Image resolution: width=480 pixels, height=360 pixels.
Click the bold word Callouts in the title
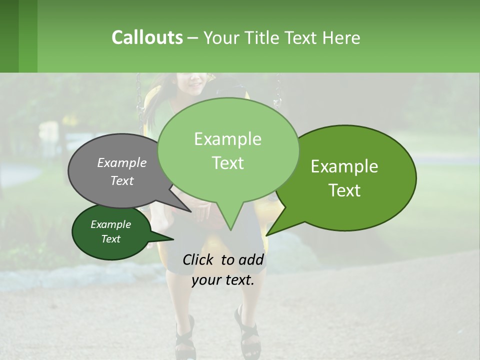pos(147,37)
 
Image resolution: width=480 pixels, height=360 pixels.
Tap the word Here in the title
pos(341,37)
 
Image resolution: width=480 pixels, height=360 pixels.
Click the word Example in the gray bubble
pos(121,162)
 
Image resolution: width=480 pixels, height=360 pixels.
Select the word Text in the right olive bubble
pos(344,190)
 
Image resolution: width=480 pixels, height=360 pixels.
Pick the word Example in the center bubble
pos(227,139)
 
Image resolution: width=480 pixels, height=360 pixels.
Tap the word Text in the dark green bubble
pos(111,239)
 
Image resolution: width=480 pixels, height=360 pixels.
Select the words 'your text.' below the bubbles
pos(223,280)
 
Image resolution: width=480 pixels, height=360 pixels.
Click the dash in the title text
pos(193,38)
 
